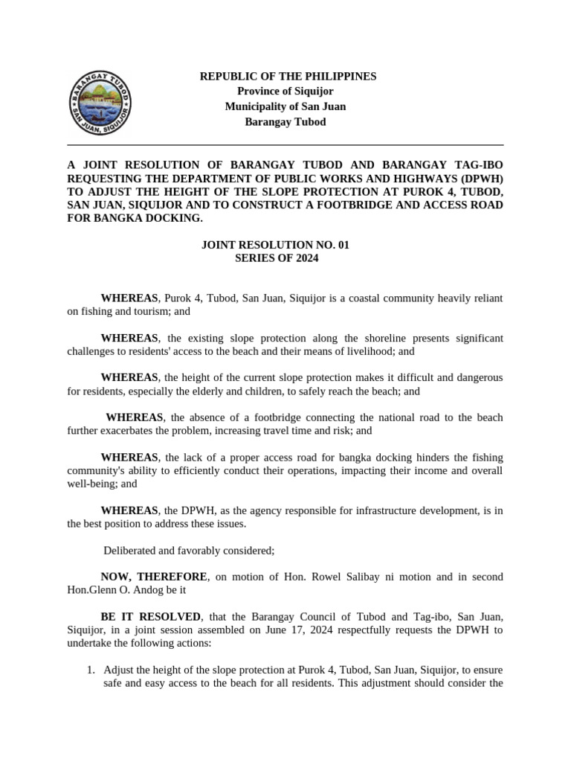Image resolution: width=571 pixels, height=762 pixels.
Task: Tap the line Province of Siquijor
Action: pyautogui.click(x=285, y=92)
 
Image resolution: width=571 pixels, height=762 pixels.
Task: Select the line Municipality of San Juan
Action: pyautogui.click(x=285, y=106)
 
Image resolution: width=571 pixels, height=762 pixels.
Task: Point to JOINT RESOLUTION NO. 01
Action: pyautogui.click(x=275, y=244)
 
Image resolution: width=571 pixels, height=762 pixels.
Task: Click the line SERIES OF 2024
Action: pyautogui.click(x=276, y=258)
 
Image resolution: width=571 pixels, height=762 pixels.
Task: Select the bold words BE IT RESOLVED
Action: pyautogui.click(x=151, y=617)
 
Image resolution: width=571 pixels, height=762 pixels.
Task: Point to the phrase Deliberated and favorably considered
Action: pyautogui.click(x=189, y=551)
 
